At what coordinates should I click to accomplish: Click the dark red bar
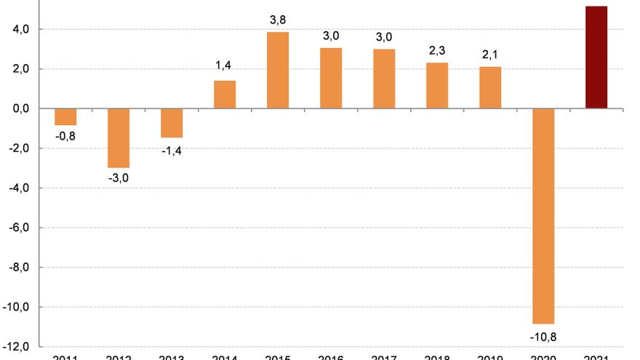[x=596, y=57]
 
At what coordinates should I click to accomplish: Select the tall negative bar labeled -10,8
[x=543, y=216]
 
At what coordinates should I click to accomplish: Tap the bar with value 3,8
[x=278, y=71]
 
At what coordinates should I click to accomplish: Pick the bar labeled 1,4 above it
[x=225, y=95]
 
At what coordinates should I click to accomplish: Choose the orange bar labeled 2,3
[x=437, y=86]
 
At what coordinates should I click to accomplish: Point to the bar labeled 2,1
[x=490, y=87]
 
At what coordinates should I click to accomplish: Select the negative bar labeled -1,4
[x=172, y=122]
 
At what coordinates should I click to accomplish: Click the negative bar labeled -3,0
[x=119, y=138]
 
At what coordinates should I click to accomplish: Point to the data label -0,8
[x=65, y=136]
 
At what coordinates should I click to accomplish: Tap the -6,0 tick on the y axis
[x=17, y=228]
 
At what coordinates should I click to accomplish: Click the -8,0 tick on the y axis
[x=17, y=268]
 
